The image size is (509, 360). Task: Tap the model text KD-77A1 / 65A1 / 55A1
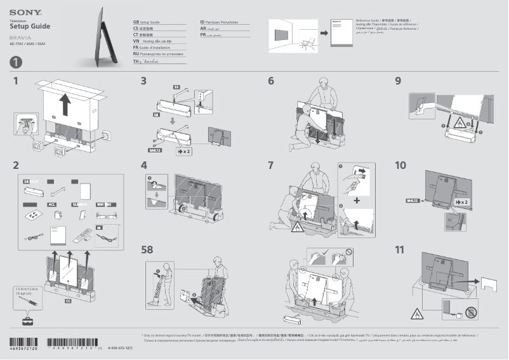click(28, 44)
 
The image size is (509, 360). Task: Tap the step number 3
click(143, 81)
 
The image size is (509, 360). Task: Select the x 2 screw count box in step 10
click(462, 201)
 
